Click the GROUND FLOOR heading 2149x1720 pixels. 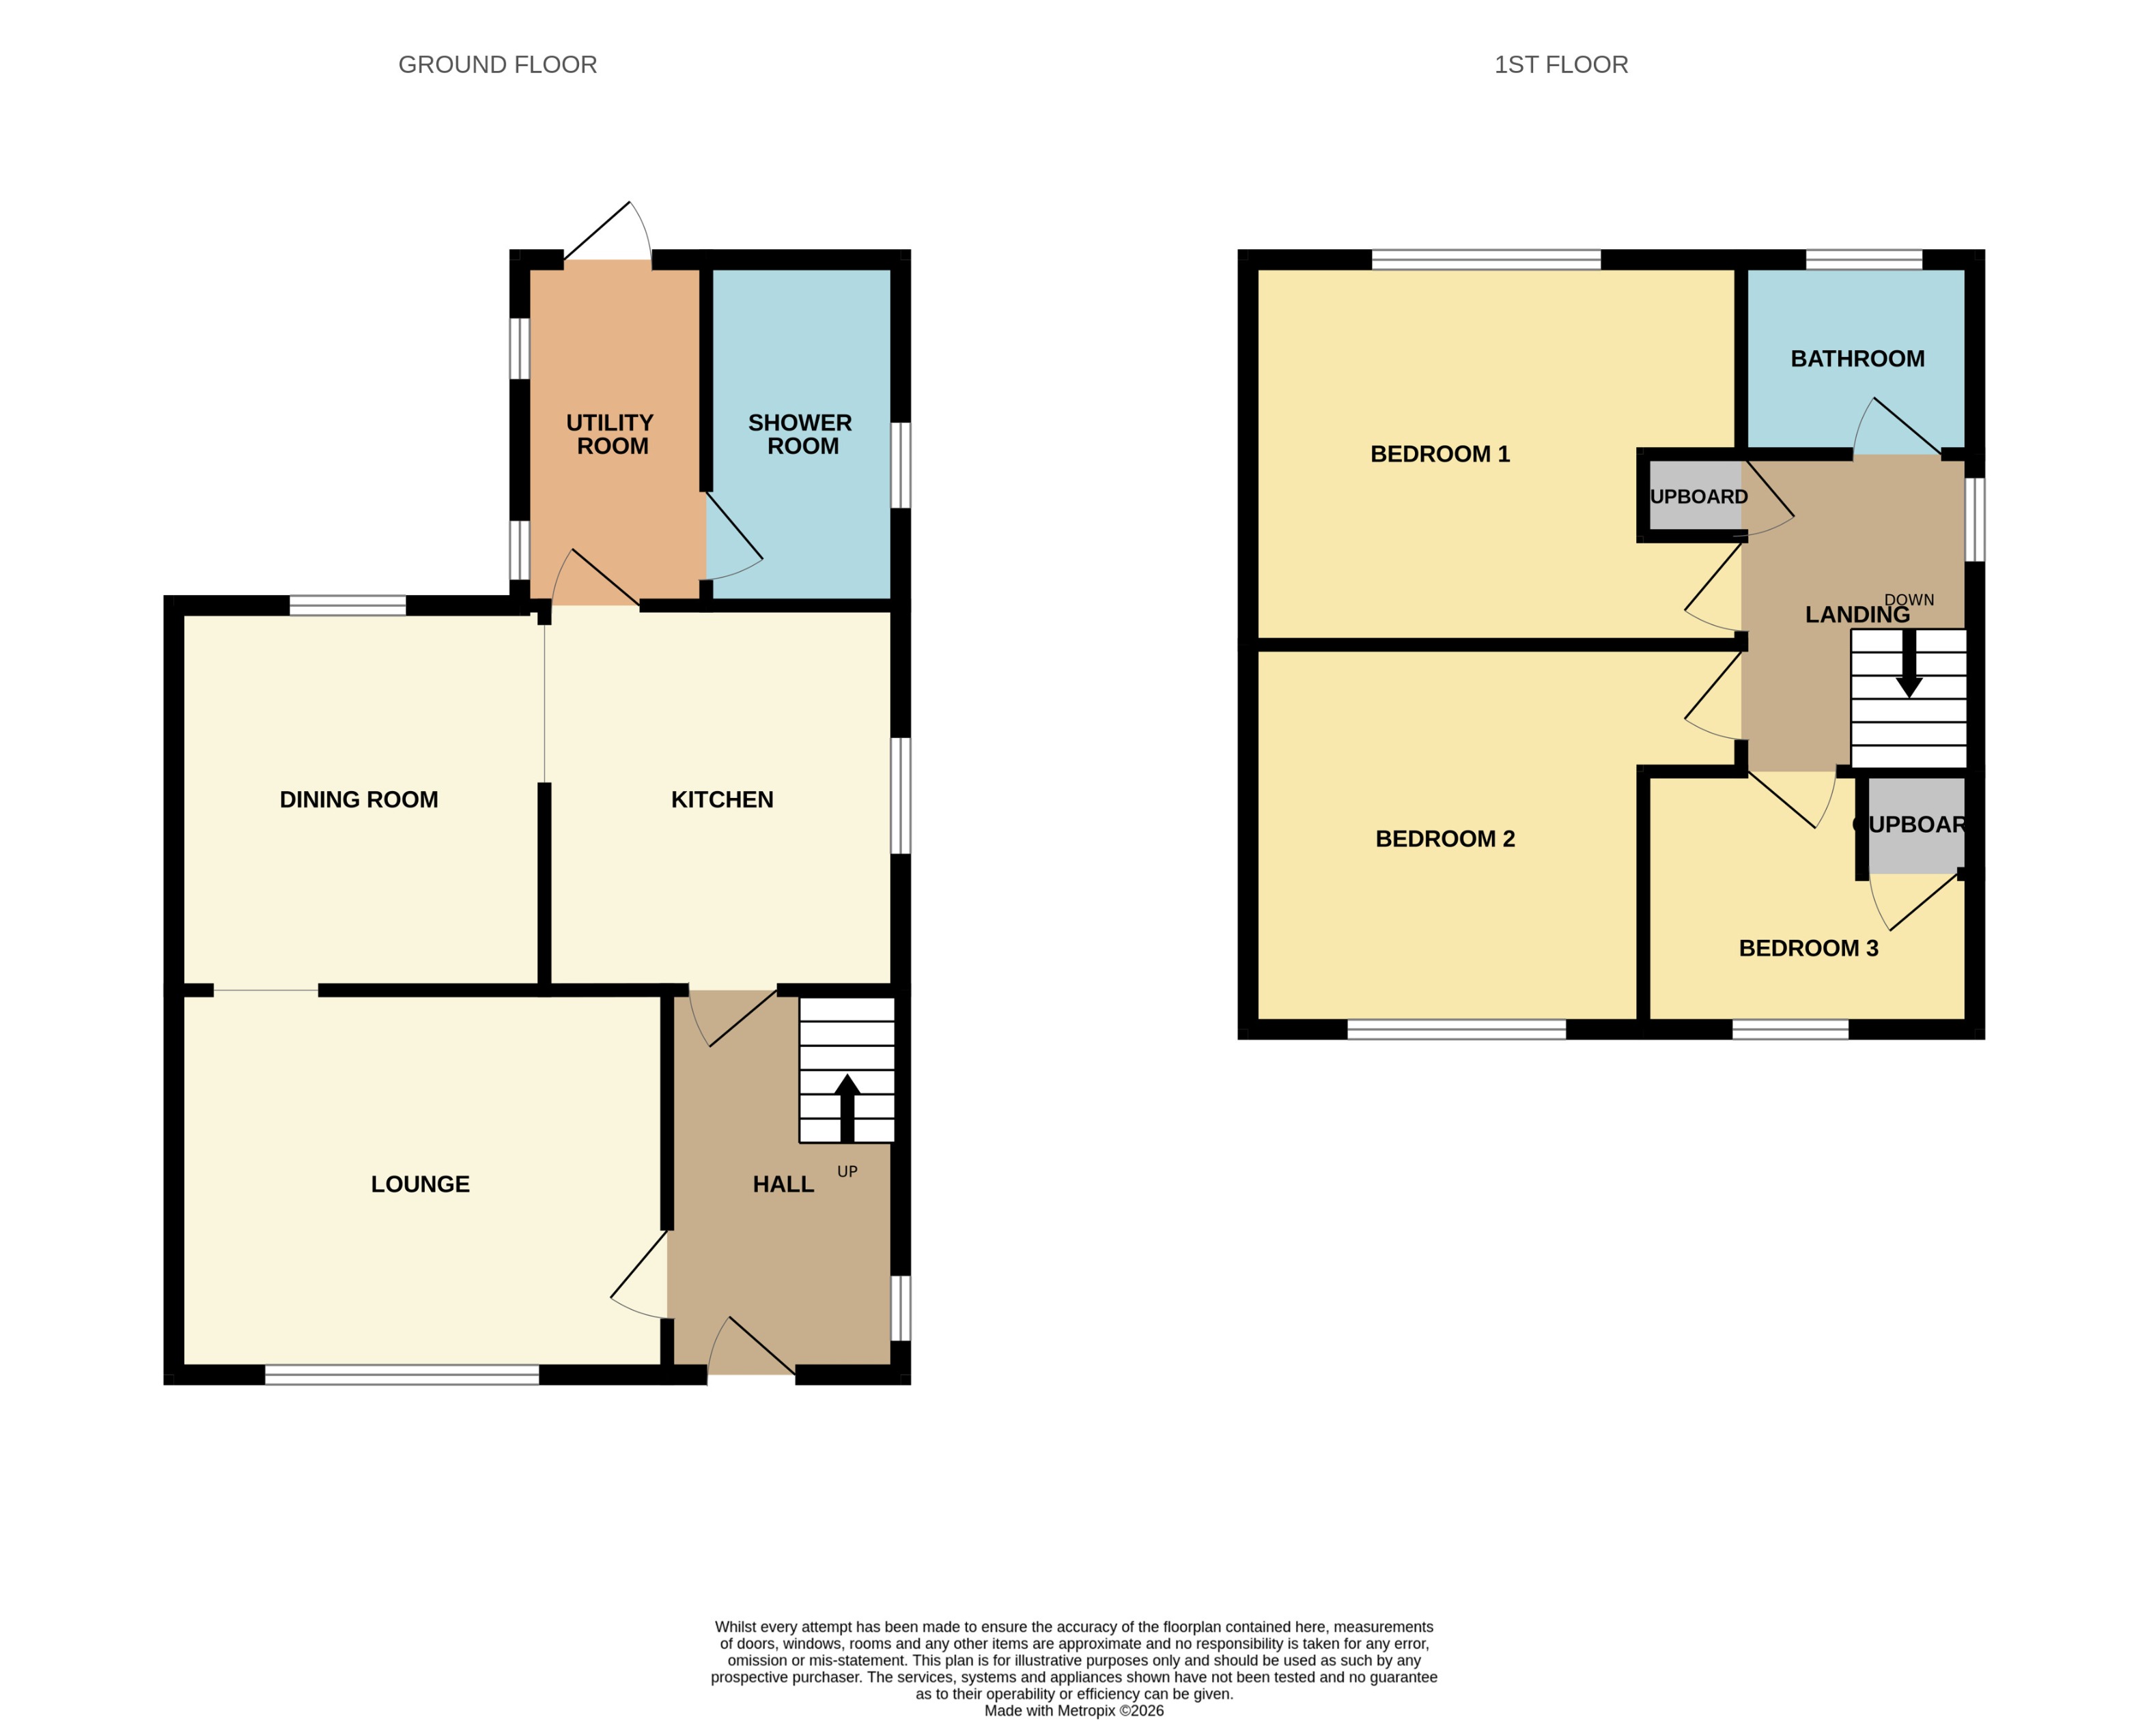point(497,65)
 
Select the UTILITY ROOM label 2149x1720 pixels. point(611,435)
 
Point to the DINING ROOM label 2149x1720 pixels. point(359,799)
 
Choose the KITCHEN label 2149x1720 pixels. point(722,799)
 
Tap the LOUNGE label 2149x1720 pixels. point(420,1184)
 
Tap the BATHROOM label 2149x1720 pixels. point(1857,359)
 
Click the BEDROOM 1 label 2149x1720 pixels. point(1439,455)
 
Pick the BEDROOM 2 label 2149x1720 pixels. point(1444,839)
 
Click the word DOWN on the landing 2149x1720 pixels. point(1908,600)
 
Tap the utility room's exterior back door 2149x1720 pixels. point(606,234)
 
